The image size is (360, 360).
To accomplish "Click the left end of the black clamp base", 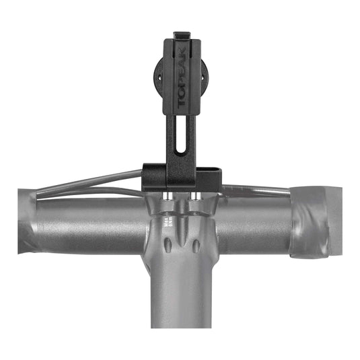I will pyautogui.click(x=145, y=176).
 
